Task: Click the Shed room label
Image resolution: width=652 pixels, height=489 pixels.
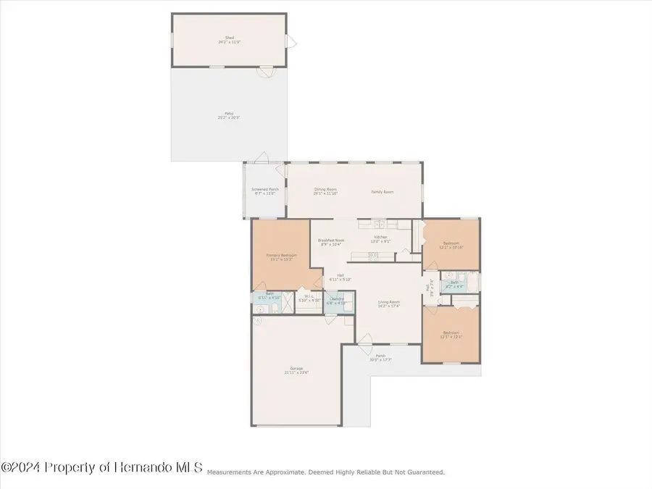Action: (x=230, y=40)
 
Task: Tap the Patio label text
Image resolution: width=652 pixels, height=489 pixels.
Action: (x=229, y=114)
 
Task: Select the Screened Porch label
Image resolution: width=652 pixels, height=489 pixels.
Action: (x=267, y=191)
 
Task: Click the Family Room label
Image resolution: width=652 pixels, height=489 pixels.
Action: (x=383, y=191)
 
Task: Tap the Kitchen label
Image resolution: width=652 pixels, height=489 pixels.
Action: (x=381, y=238)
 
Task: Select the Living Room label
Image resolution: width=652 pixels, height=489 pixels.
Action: (x=389, y=304)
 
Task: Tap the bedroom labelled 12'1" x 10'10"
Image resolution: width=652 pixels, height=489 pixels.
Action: (x=451, y=245)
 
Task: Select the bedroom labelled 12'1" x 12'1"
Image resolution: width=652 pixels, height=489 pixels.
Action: (x=451, y=335)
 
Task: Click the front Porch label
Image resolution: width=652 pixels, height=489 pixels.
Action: (x=380, y=358)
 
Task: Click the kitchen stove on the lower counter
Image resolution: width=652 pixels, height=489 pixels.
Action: (x=374, y=255)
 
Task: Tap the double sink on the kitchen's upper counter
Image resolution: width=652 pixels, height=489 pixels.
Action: (x=380, y=224)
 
